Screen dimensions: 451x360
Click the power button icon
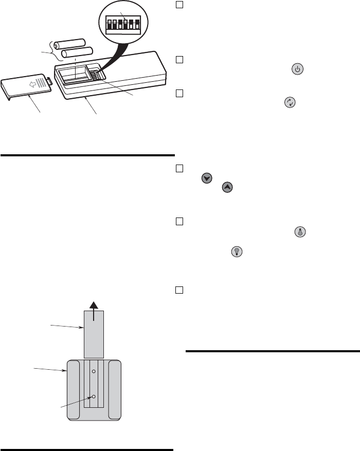pyautogui.click(x=297, y=69)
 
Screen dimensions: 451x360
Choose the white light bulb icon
pyautogui.click(x=238, y=251)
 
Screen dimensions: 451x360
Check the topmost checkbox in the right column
pyautogui.click(x=179, y=4)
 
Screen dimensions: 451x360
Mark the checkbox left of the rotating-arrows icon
pyautogui.click(x=179, y=94)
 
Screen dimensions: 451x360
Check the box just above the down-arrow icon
pyautogui.click(x=179, y=168)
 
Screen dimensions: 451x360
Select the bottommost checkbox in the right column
pyautogui.click(x=179, y=290)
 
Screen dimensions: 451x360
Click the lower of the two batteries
pyautogui.click(x=76, y=52)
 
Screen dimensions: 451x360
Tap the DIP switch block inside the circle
pyautogui.click(x=122, y=24)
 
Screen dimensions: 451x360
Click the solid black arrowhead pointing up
pyautogui.click(x=94, y=305)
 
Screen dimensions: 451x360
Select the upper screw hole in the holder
pyautogui.click(x=94, y=370)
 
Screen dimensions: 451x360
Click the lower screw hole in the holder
pyautogui.click(x=94, y=396)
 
